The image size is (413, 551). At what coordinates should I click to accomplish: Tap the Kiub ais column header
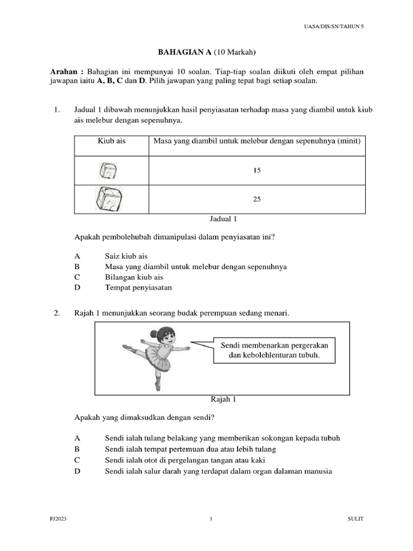pyautogui.click(x=111, y=141)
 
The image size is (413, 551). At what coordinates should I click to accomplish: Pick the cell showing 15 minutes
pyautogui.click(x=257, y=171)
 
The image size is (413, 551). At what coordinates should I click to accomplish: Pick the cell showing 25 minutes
pyautogui.click(x=257, y=199)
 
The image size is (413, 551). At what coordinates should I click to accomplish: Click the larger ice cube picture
pyautogui.click(x=110, y=199)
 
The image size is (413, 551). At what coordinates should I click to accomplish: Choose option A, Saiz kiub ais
pyautogui.click(x=126, y=256)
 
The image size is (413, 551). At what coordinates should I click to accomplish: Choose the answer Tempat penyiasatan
pyautogui.click(x=138, y=287)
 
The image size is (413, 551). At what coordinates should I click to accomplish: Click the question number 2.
pyautogui.click(x=56, y=313)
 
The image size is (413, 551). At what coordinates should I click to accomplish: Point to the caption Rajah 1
pyautogui.click(x=222, y=399)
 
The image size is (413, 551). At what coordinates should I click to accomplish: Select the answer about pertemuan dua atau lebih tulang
pyautogui.click(x=190, y=449)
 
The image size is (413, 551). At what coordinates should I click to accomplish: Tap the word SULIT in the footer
pyautogui.click(x=355, y=519)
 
